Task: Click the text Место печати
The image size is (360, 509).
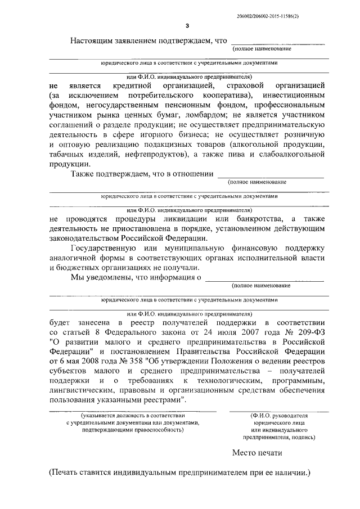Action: click(256, 452)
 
